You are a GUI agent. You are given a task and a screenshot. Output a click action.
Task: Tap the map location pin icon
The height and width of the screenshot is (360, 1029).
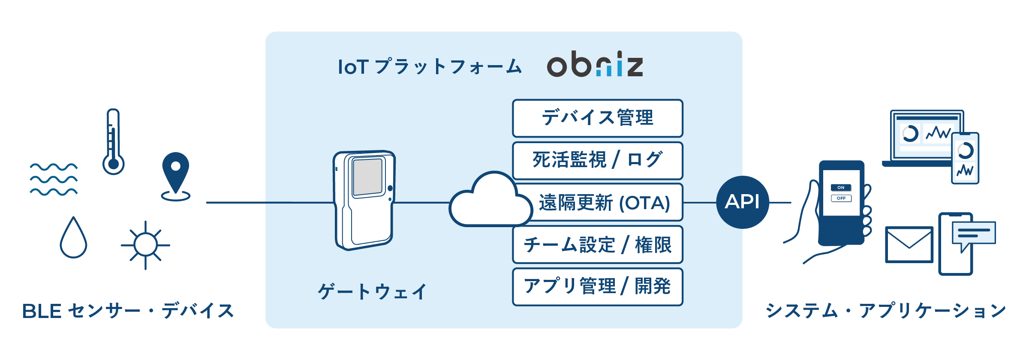tap(175, 174)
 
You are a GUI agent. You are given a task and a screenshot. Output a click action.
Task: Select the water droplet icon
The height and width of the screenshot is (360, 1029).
tap(73, 238)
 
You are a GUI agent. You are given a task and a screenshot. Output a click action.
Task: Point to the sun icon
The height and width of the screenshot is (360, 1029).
tap(146, 245)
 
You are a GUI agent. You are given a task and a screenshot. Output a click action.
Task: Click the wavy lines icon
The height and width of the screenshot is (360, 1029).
tap(54, 179)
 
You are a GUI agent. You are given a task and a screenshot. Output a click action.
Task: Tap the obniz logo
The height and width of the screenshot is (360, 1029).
tap(595, 65)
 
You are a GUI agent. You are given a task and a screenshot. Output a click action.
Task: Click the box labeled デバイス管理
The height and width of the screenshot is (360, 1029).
tap(597, 118)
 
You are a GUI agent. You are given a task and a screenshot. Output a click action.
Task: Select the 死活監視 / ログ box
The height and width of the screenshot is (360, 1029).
tap(597, 160)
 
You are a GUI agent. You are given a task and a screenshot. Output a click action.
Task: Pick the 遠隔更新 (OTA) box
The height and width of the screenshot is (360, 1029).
tap(605, 203)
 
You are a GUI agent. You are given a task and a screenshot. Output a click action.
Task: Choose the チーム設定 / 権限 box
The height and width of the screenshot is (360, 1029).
tap(597, 245)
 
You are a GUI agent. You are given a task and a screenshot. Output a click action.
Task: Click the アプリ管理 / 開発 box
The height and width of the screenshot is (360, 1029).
tap(597, 287)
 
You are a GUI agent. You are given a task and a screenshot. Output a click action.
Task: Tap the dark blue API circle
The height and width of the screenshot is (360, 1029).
tap(742, 202)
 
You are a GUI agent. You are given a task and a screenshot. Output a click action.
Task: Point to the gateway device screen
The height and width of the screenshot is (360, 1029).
tap(367, 177)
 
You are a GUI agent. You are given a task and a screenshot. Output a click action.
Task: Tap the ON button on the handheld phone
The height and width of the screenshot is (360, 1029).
tap(841, 188)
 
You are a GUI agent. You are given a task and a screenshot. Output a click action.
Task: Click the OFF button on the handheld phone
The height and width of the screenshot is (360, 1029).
tap(841, 198)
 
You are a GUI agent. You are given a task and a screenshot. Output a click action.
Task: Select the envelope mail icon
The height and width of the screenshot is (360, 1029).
tap(909, 244)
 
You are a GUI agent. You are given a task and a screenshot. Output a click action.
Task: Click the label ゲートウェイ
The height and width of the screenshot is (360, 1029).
tap(372, 292)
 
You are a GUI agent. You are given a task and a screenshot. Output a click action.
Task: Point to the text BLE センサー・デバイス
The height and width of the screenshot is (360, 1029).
tap(128, 311)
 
